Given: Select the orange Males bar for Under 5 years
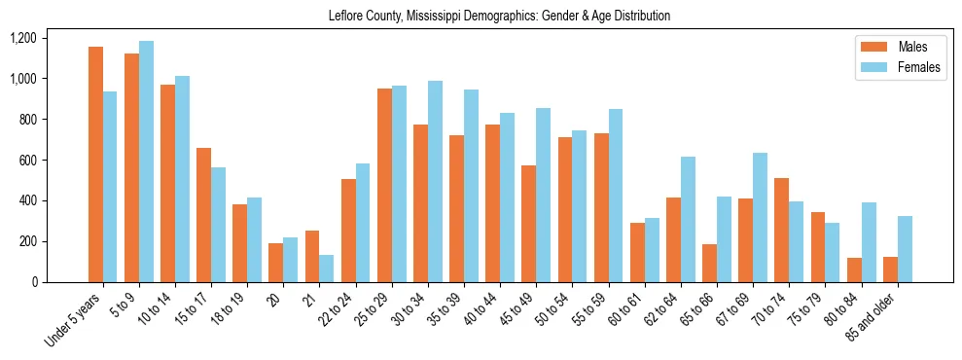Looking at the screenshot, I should pos(95,164).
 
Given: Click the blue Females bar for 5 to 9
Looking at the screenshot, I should pos(146,162).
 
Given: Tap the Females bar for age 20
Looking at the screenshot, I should pos(291,260).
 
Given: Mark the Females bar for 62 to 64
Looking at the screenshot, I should pos(688,219).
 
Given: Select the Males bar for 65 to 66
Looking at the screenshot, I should pos(709,263).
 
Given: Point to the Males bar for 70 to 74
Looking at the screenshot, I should pos(782,230).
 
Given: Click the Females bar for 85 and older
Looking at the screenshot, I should pos(905,249).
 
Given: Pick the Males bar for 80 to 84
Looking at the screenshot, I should pos(854,270).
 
